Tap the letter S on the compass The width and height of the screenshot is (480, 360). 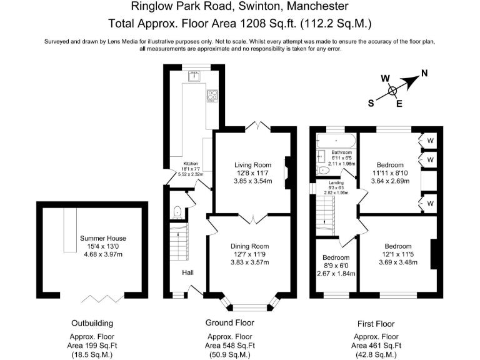[x=371, y=104]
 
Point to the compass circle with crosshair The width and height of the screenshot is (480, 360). [x=393, y=90]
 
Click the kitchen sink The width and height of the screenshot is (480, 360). [x=194, y=77]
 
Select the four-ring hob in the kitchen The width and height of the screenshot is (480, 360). [x=212, y=96]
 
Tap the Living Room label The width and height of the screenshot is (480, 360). [x=249, y=165]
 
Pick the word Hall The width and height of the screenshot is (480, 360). [x=187, y=273]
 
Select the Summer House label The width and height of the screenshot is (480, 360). [x=103, y=238]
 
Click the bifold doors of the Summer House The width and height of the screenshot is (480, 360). [x=102, y=297]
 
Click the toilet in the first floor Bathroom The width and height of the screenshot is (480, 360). [x=323, y=170]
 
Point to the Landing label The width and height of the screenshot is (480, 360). [x=336, y=182]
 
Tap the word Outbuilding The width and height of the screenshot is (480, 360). [x=92, y=324]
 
